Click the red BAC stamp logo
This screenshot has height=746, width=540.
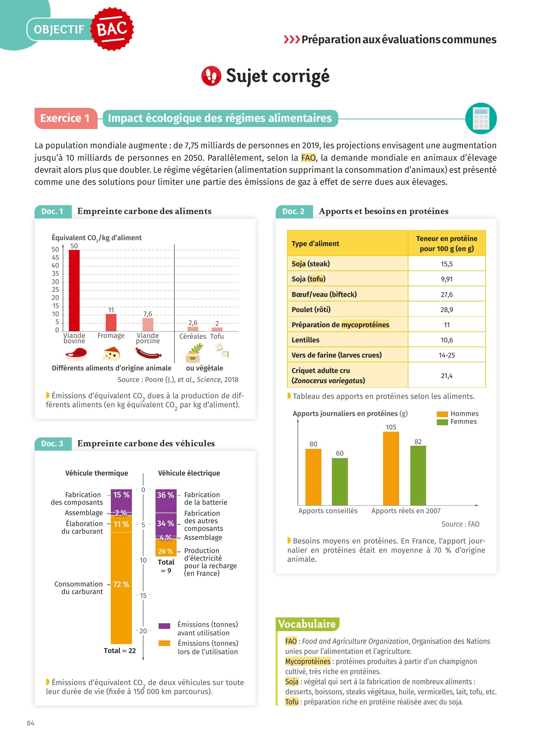[112, 29]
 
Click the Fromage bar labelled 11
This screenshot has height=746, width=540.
[111, 322]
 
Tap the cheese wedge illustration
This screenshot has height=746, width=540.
[111, 354]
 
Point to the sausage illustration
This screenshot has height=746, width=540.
[148, 353]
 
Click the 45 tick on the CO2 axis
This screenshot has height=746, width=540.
[55, 258]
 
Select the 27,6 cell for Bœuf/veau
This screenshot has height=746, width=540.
[447, 294]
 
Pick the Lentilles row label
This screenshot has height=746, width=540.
[305, 340]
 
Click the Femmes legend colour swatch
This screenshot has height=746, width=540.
[442, 422]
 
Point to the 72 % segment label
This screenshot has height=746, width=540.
[121, 584]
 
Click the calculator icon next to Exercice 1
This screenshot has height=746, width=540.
[481, 119]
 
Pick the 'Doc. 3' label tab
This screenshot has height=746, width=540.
[52, 444]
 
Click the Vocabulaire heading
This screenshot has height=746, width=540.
[307, 624]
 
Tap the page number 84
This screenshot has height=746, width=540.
[30, 723]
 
